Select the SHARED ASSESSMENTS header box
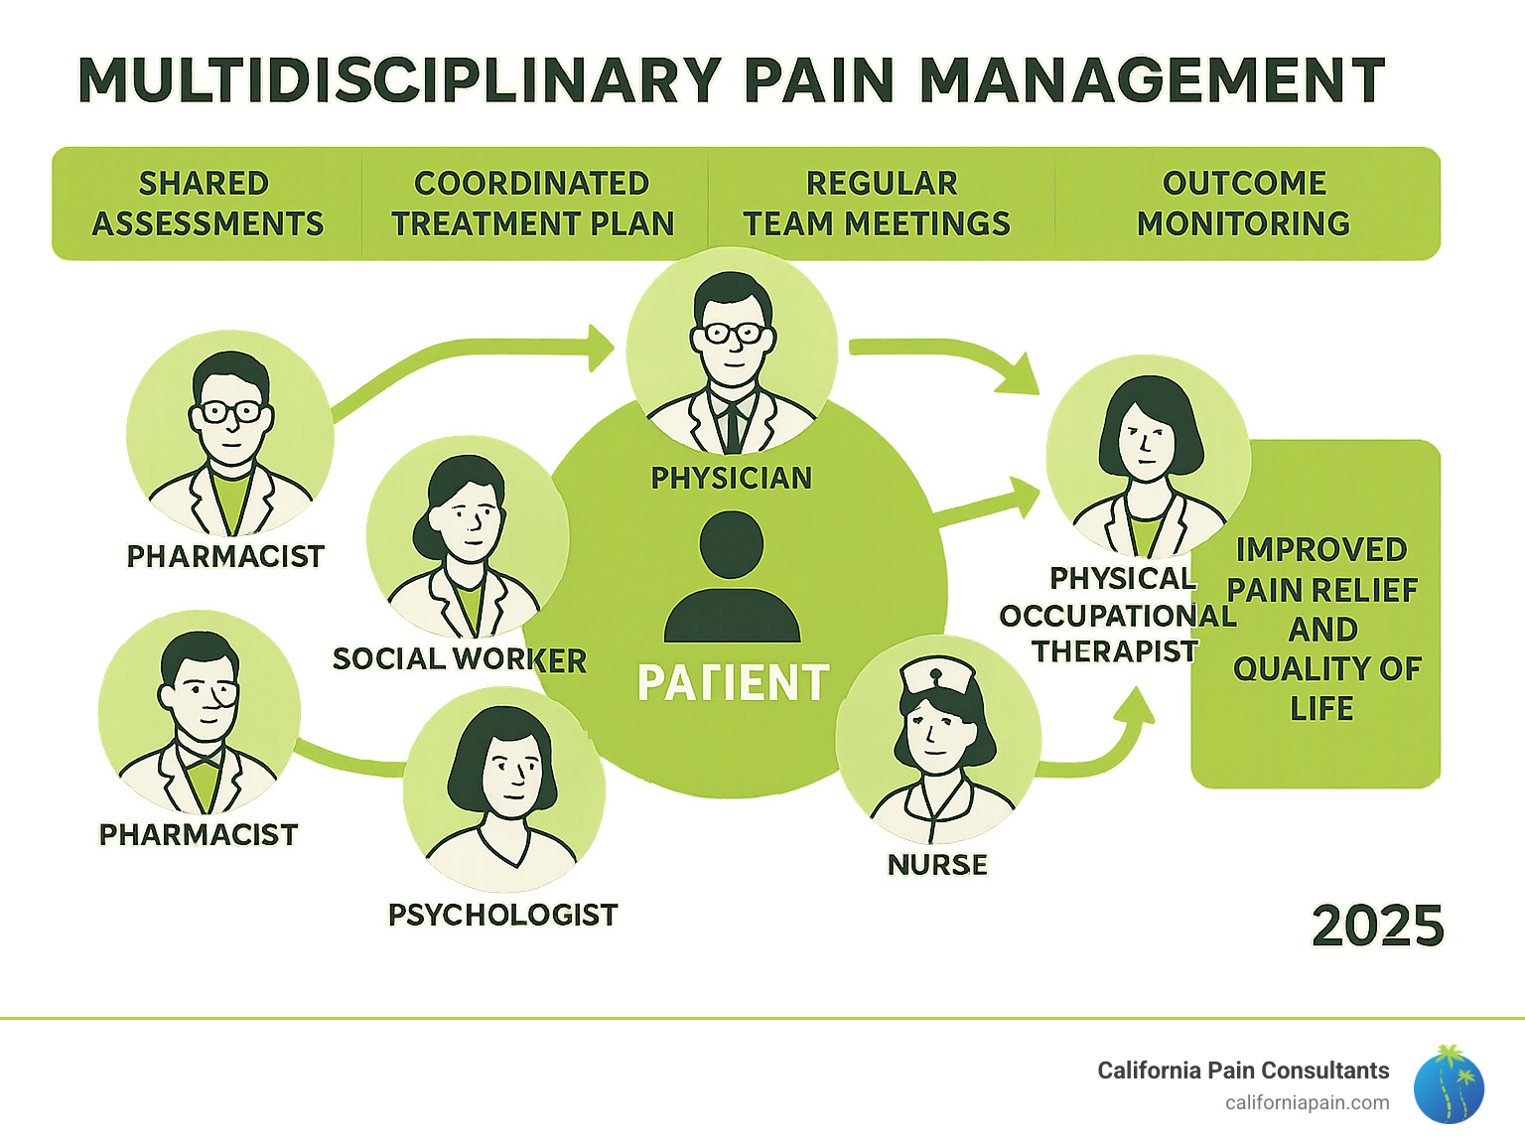[x=208, y=204]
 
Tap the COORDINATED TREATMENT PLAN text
[x=533, y=204]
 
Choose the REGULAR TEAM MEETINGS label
[x=879, y=204]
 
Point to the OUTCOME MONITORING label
[x=1243, y=204]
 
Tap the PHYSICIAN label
[x=732, y=479]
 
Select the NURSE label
[x=937, y=865]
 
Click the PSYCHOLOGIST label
[x=502, y=915]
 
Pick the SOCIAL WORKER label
[x=459, y=659]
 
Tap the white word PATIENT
[x=733, y=683]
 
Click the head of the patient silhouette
[x=732, y=544]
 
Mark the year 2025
[x=1377, y=927]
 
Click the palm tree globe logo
[x=1449, y=1085]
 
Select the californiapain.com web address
[x=1307, y=1103]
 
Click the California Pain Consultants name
[x=1243, y=1071]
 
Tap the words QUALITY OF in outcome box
[x=1326, y=669]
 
